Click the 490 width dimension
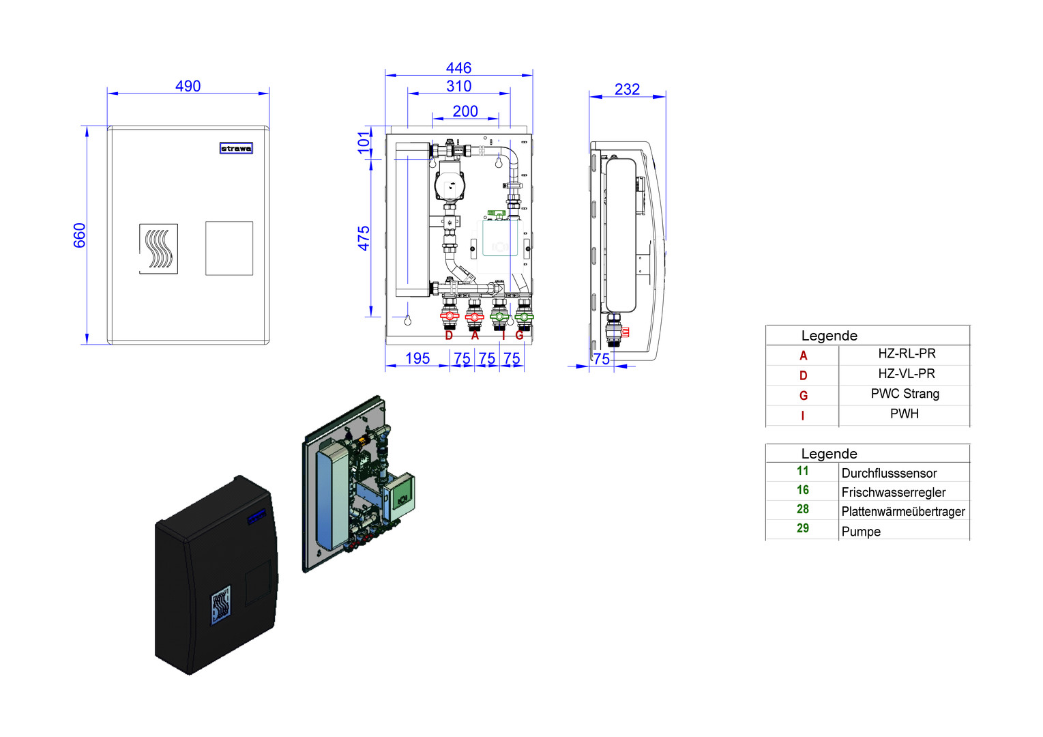tap(188, 86)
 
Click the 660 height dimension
tap(80, 235)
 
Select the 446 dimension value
tap(458, 68)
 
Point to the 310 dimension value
tap(458, 86)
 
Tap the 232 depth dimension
tap(627, 89)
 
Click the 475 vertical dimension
tap(364, 238)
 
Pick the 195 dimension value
tap(417, 358)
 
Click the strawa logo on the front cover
tap(236, 148)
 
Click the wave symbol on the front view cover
tap(158, 248)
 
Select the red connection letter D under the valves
tap(449, 336)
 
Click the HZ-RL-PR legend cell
tap(907, 353)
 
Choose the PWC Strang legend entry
tap(905, 394)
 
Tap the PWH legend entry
tap(904, 414)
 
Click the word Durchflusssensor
tap(889, 473)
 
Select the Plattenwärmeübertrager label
tap(903, 511)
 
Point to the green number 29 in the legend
tap(803, 528)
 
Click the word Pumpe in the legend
tap(861, 532)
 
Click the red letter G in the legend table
tap(804, 396)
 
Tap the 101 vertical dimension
tap(364, 142)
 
